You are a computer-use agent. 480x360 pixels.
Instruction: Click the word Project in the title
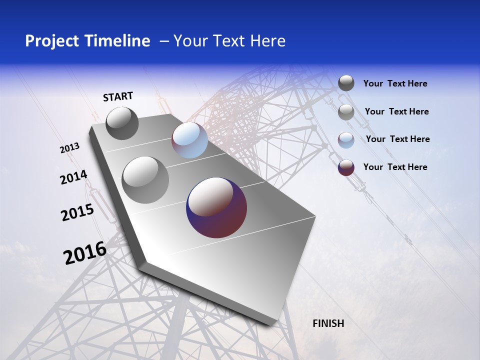49,41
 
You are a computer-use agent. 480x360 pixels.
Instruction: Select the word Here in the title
267,41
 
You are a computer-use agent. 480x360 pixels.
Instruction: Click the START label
118,96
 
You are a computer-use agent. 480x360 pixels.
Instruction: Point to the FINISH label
328,323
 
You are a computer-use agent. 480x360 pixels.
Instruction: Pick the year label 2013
69,148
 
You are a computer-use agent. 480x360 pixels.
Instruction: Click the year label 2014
73,177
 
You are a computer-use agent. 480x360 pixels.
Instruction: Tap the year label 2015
77,212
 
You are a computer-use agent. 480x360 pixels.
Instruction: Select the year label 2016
84,253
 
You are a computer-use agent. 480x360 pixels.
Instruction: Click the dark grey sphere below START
122,123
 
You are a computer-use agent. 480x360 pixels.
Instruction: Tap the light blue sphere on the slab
189,140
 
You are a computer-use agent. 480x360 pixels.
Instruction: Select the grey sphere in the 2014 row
145,180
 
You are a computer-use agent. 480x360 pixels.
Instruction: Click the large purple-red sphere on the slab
216,207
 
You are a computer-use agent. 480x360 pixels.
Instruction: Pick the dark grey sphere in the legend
346,83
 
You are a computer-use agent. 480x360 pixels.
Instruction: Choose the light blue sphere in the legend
346,140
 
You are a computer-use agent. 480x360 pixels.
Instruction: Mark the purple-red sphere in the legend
346,167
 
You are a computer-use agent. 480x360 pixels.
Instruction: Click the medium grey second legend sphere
346,112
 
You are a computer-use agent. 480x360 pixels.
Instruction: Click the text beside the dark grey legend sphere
395,84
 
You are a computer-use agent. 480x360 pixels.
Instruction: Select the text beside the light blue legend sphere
397,139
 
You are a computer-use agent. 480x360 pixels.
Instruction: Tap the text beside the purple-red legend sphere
395,167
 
